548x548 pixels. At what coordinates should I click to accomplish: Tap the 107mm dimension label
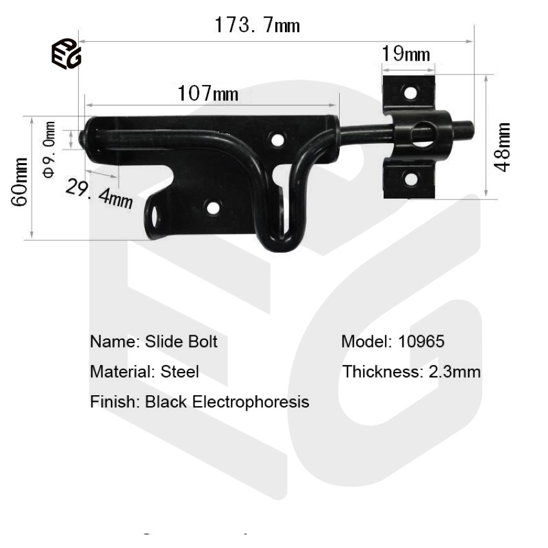coord(208,94)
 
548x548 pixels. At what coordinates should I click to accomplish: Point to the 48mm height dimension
coord(502,146)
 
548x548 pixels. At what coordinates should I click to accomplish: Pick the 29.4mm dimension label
coord(99,191)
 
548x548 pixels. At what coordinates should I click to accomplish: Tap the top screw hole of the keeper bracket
coord(410,92)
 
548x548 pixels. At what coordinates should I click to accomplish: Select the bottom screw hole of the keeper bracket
coord(410,179)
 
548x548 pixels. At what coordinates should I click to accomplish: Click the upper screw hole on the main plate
coord(278,139)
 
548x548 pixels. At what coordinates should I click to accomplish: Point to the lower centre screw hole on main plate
coord(213,208)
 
